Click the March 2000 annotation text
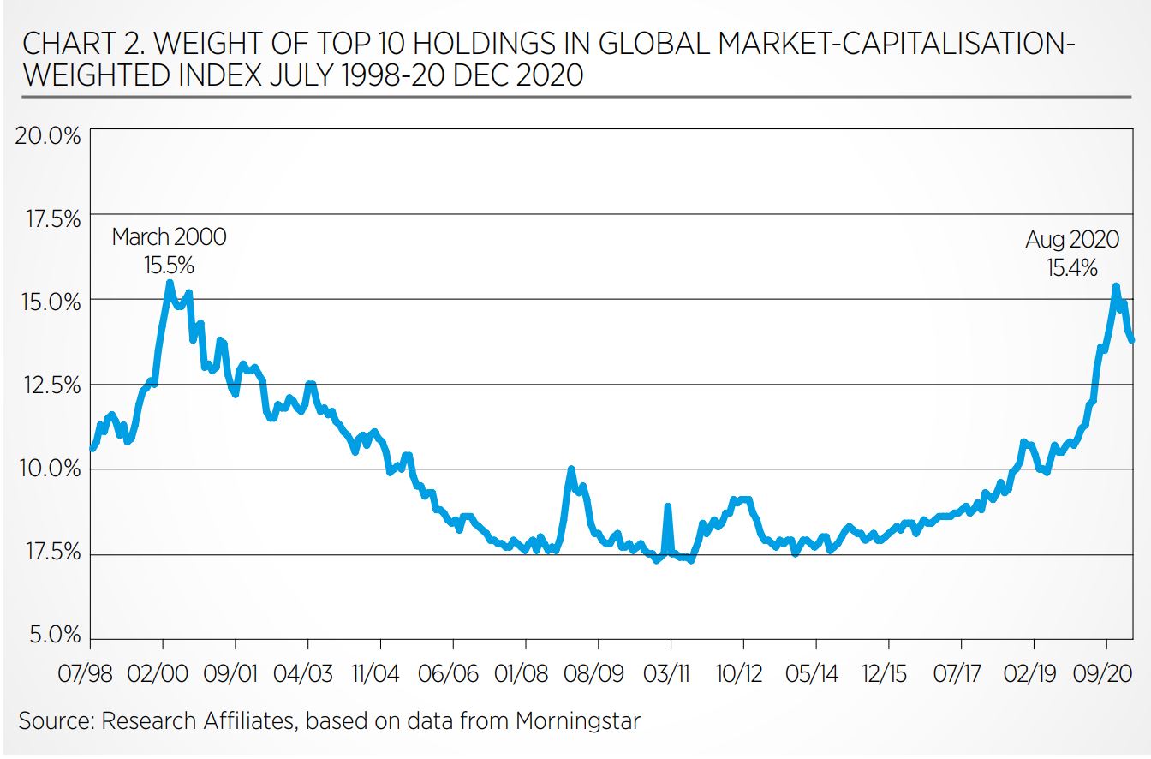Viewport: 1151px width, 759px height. click(x=170, y=236)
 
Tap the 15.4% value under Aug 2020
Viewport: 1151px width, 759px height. click(x=1071, y=267)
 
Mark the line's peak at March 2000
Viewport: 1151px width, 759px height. click(x=170, y=282)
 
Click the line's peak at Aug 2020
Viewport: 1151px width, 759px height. click(x=1116, y=286)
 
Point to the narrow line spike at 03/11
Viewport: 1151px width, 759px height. click(x=667, y=507)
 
